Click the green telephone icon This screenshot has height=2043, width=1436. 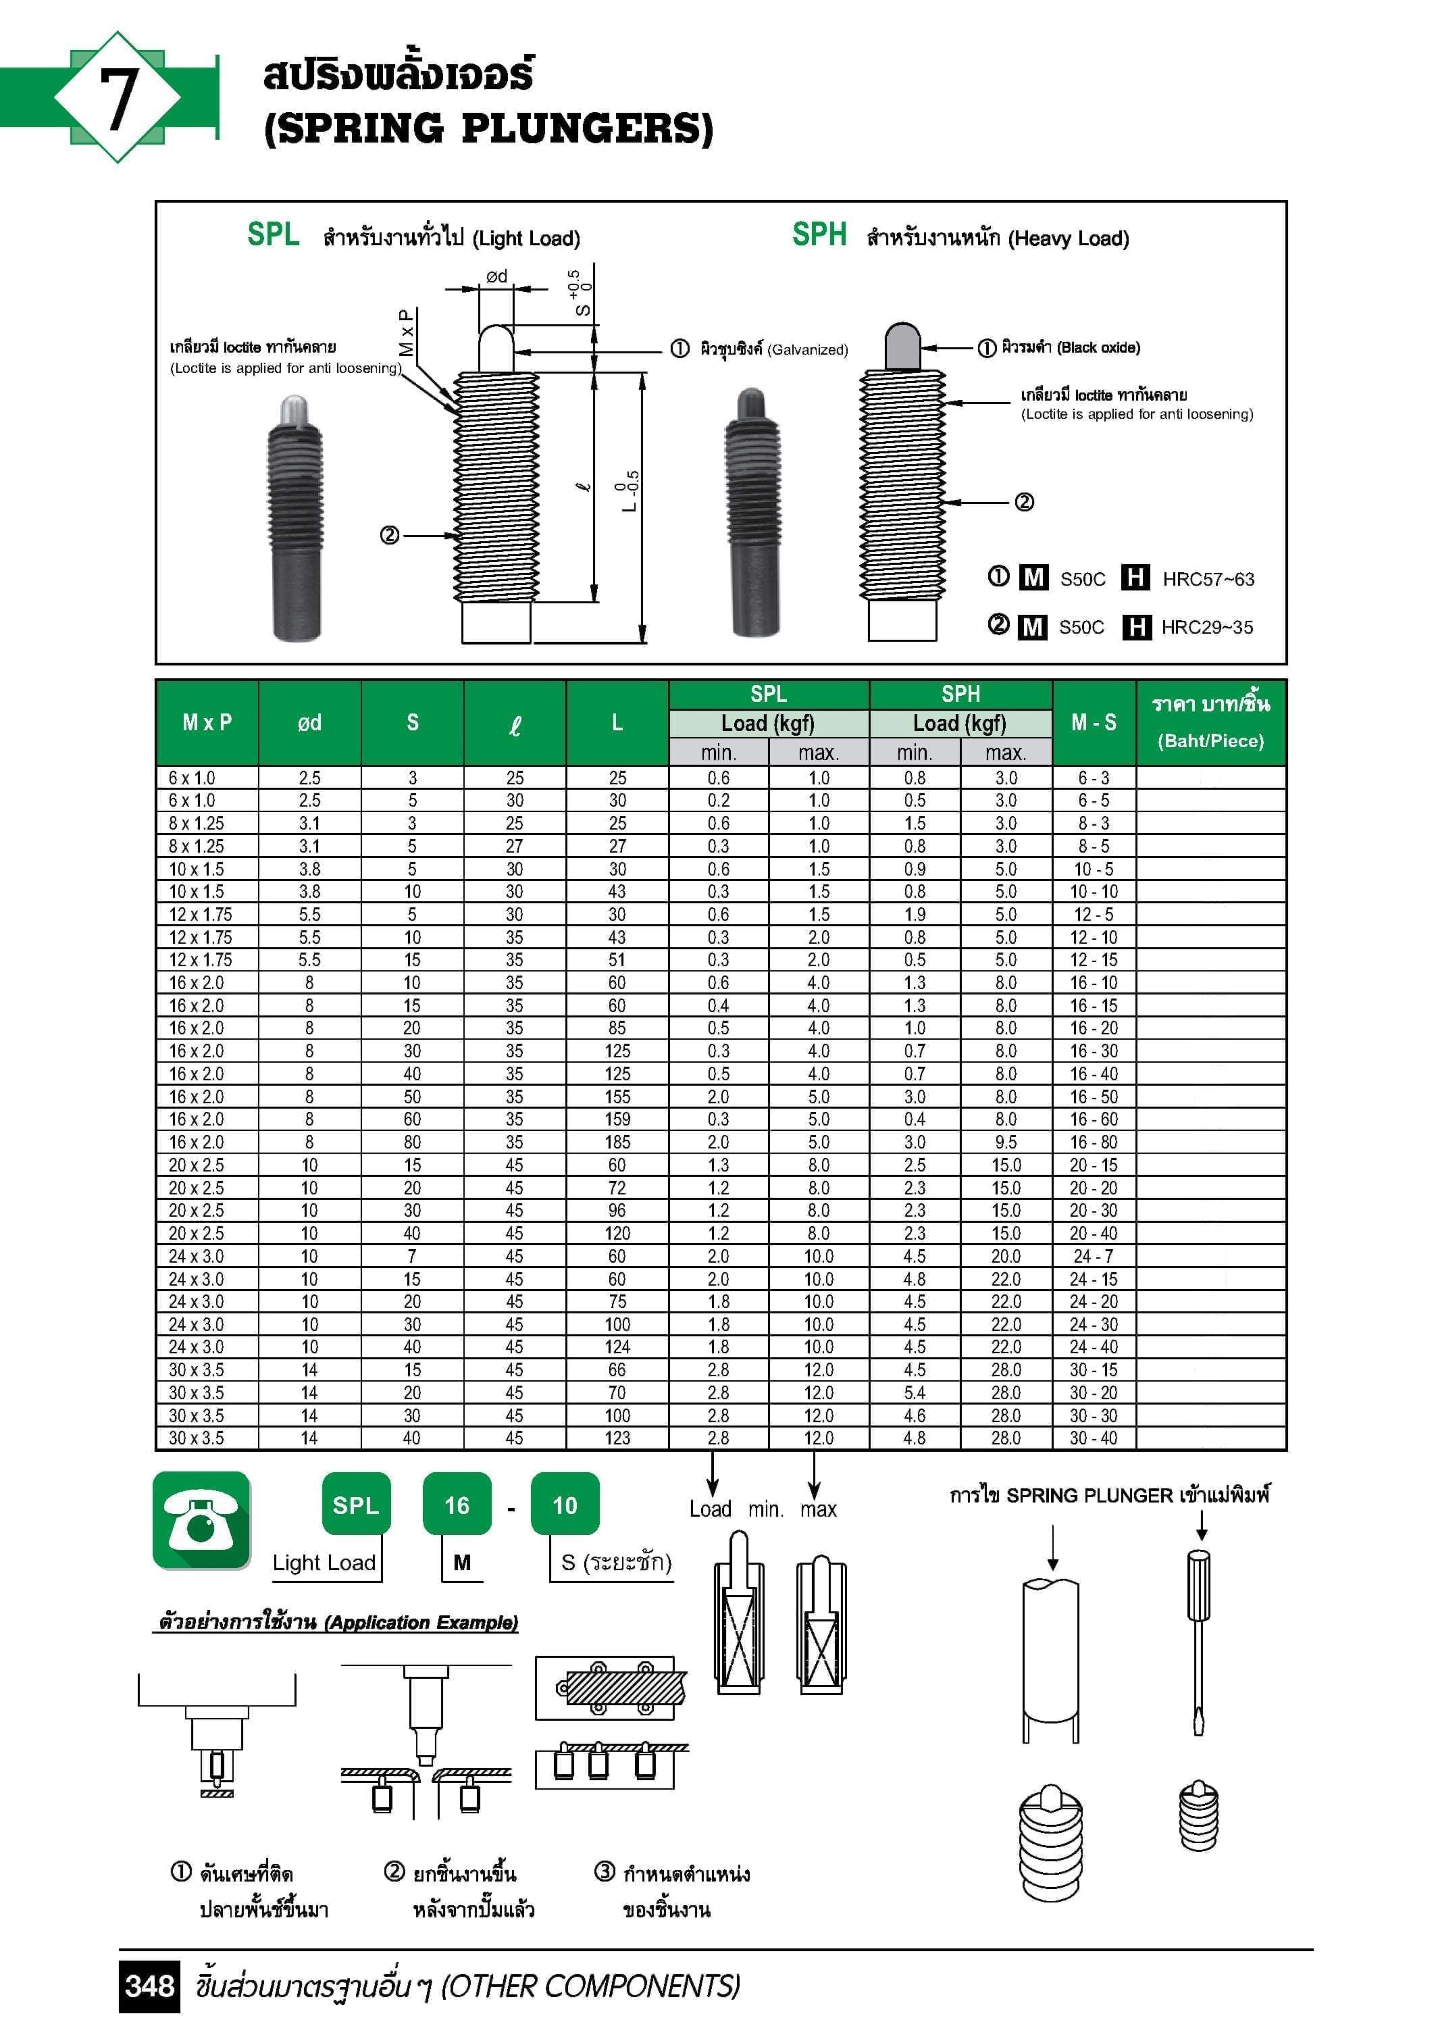(201, 1520)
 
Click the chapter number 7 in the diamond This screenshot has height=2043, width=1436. (118, 98)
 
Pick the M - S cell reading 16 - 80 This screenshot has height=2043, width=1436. (1093, 1142)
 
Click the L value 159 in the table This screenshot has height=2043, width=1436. (617, 1119)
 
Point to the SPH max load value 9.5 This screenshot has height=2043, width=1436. (1005, 1142)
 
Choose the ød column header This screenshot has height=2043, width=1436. (309, 722)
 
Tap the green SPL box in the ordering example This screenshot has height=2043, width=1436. (355, 1505)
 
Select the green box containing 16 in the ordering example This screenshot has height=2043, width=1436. (457, 1505)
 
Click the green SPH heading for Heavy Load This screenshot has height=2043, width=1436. (819, 235)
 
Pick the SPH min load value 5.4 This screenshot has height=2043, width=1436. (914, 1392)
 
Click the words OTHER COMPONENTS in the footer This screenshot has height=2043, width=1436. (591, 1986)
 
